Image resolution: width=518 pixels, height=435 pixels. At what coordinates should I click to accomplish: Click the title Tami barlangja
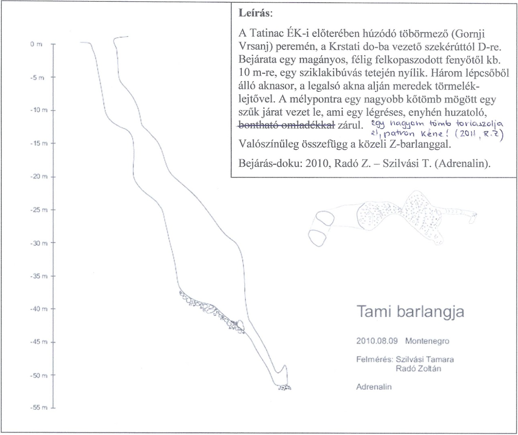click(410, 312)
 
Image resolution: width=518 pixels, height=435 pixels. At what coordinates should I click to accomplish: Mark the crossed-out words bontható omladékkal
click(287, 124)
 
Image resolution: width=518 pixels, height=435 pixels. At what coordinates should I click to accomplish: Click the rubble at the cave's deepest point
click(284, 387)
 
